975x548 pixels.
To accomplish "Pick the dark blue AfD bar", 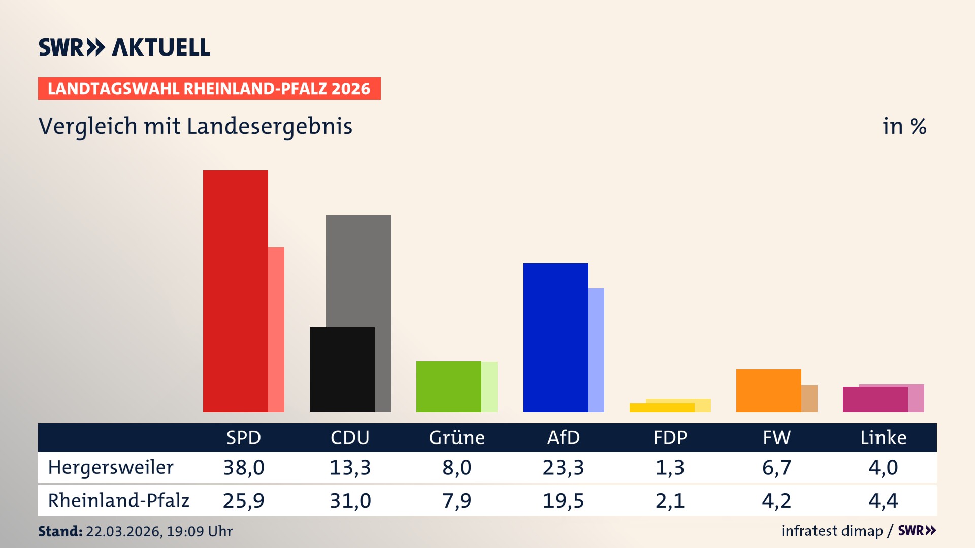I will pos(555,337).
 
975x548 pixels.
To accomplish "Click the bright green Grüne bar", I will pos(448,386).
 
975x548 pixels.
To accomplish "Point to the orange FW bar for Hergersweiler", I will pos(768,390).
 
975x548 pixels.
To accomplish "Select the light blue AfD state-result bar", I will pos(596,350).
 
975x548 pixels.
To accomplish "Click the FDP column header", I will pos(670,437).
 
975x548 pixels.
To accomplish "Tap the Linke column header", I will pos(883,437).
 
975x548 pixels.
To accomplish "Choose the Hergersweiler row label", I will pos(111,467).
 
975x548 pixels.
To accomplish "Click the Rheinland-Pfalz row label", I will pos(118,500).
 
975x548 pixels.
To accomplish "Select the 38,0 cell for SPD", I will pos(244,467).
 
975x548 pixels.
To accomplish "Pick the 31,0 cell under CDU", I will pos(350,501).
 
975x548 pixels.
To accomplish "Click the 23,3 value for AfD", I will pos(563,467).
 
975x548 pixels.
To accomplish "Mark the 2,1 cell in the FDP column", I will pos(670,501).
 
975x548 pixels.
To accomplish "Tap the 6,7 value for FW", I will pos(776,467).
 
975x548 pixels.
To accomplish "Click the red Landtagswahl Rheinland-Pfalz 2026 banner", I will pos(209,89).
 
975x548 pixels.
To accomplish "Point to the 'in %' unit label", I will pos(904,126).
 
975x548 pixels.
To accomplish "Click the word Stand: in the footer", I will pos(60,531).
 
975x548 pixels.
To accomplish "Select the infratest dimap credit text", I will pos(832,531).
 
